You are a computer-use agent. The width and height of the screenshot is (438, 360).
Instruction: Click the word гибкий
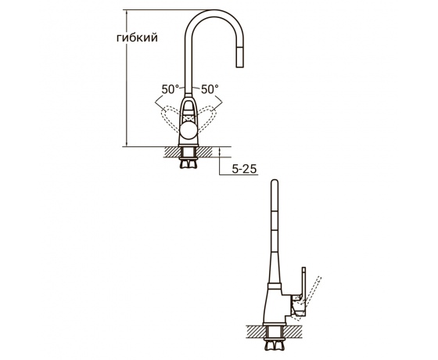click(137, 38)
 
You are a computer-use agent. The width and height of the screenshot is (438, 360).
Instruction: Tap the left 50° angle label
click(171, 89)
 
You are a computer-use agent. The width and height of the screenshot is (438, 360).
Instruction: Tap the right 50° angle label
click(210, 89)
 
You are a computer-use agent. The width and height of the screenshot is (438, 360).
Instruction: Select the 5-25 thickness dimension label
click(244, 169)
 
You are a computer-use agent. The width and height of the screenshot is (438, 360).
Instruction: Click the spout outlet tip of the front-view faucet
click(239, 66)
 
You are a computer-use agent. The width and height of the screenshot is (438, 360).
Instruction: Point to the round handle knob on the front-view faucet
click(188, 131)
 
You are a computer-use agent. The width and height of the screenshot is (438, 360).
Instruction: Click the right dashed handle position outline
click(207, 118)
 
